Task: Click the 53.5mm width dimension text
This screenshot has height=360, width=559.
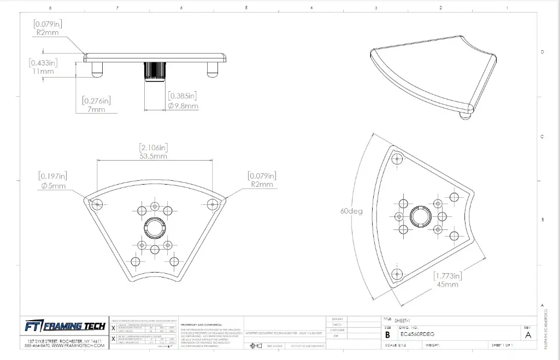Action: (x=153, y=156)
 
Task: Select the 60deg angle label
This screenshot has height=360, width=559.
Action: (x=350, y=211)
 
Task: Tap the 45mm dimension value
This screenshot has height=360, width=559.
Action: (x=448, y=284)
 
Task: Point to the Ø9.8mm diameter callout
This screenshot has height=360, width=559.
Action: (x=183, y=105)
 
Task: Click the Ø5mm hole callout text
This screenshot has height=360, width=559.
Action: (x=52, y=186)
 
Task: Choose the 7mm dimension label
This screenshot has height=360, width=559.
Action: (x=97, y=109)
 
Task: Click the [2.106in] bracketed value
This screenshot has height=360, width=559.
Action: (x=153, y=147)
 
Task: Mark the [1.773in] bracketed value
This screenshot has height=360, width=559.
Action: (x=448, y=275)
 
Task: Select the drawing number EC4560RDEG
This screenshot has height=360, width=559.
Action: (x=418, y=334)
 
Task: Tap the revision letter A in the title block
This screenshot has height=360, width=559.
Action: (x=528, y=335)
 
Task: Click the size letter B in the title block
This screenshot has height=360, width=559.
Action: (x=388, y=335)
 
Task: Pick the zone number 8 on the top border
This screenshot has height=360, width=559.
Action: (x=50, y=8)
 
